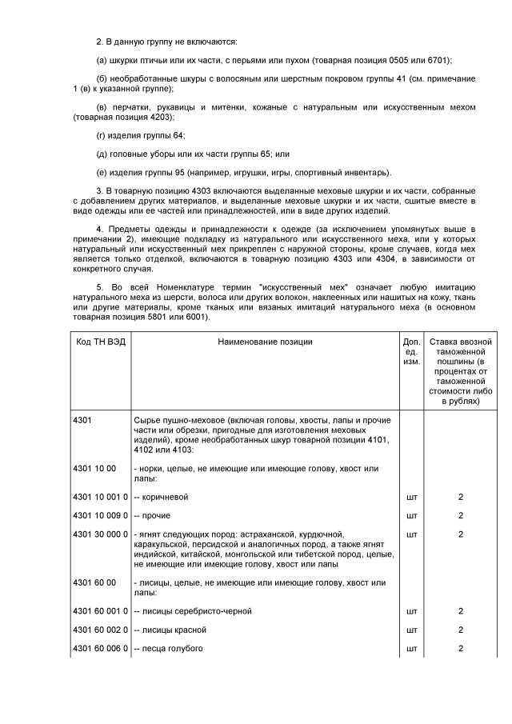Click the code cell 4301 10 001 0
[100, 497]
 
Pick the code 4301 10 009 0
[100, 515]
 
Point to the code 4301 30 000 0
[100, 534]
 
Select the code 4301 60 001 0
[100, 611]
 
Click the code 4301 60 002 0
[100, 630]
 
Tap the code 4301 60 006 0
[100, 648]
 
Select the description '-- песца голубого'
[168, 648]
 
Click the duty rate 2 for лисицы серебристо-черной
[461, 611]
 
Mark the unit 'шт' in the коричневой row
[411, 497]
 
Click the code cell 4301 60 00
[94, 583]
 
